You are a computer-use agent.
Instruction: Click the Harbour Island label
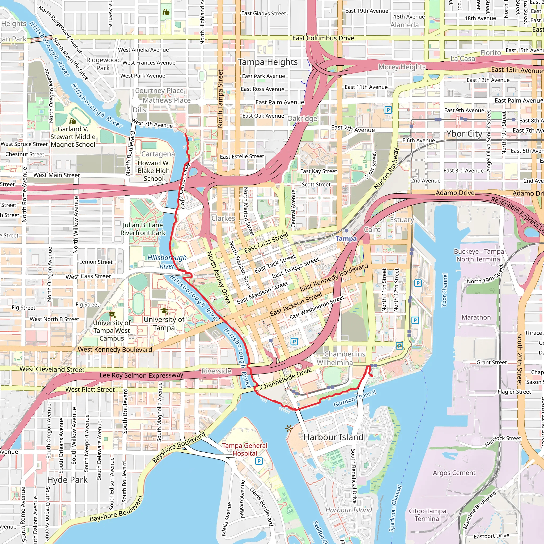333,437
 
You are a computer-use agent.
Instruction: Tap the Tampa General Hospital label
244,449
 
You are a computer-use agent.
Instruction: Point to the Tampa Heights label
267,62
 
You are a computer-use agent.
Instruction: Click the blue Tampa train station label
346,239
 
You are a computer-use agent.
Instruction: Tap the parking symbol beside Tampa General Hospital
259,461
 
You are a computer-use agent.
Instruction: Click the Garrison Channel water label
355,398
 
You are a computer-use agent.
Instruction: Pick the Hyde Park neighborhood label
67,480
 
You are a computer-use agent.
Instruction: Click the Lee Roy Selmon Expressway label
141,375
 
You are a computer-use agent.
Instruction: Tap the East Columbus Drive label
323,38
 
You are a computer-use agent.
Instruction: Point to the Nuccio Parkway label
386,168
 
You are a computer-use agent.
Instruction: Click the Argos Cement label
454,473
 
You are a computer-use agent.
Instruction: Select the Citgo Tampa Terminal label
427,515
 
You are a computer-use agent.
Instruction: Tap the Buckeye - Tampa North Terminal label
479,255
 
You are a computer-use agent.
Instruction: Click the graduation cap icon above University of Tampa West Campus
112,314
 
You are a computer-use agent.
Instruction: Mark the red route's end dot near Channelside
371,376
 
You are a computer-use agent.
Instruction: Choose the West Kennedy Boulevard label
115,350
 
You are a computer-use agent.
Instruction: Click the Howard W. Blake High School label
154,171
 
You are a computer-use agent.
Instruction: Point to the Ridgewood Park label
103,64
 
